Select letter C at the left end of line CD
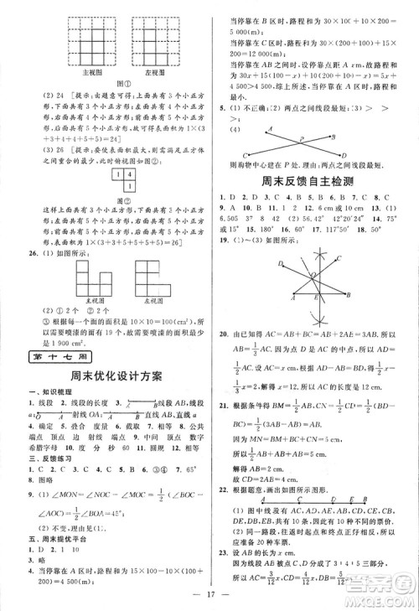coord(242,155)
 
